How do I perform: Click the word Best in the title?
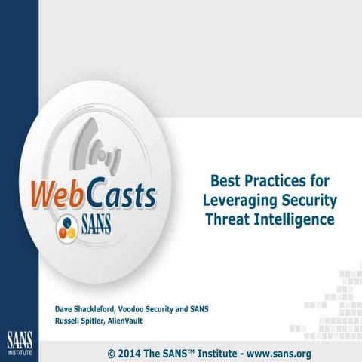(225, 182)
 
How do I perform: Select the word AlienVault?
(131, 320)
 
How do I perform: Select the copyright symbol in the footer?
(112, 353)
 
